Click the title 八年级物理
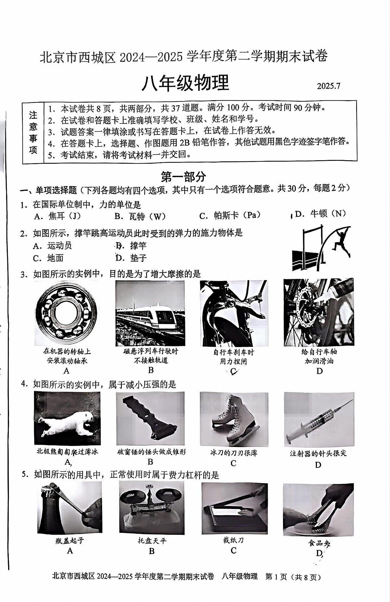click(x=186, y=83)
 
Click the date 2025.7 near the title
click(x=329, y=86)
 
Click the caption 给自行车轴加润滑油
click(x=319, y=356)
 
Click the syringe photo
click(x=318, y=419)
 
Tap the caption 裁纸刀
click(x=233, y=540)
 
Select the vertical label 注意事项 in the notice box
click(x=33, y=132)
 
